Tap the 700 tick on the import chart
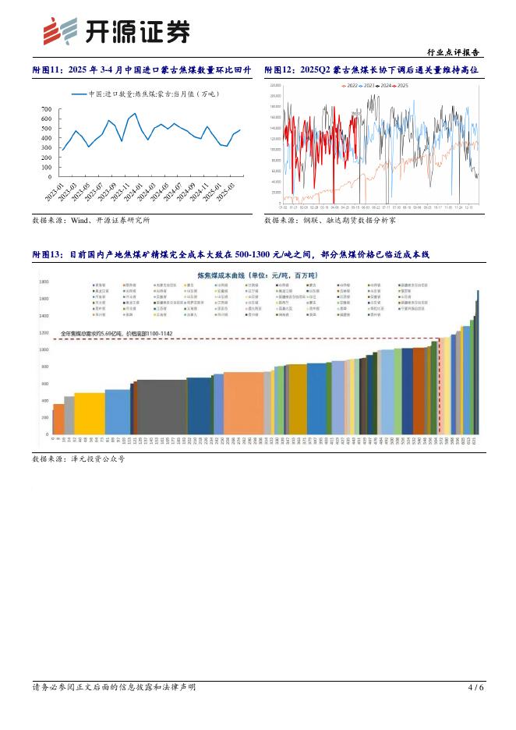[x=47, y=109]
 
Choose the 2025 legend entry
[x=401, y=84]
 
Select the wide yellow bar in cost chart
[x=89, y=413]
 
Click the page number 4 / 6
[x=475, y=687]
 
